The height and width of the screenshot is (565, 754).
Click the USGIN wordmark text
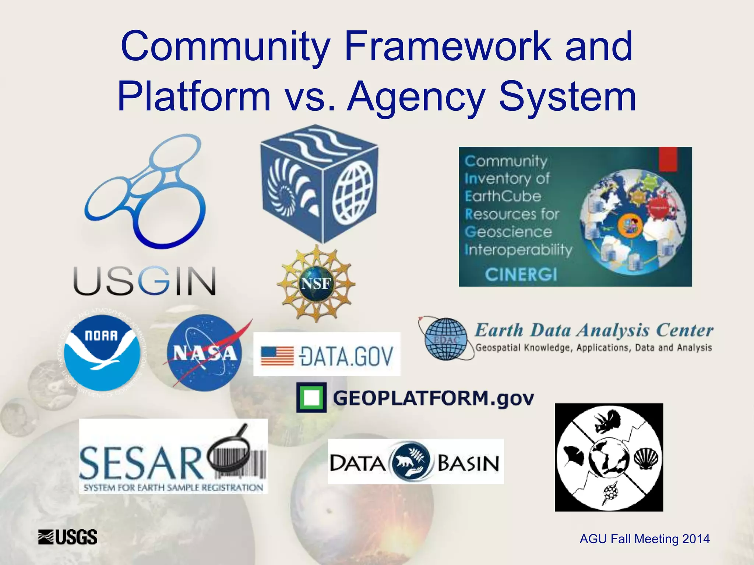[x=145, y=281]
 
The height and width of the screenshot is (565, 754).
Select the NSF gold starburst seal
[x=316, y=284]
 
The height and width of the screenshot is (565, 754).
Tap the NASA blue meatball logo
[x=205, y=353]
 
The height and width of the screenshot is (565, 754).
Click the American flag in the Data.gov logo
[x=277, y=356]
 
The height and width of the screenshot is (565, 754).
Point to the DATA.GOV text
[x=347, y=356]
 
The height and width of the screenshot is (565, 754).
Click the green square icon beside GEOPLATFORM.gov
[x=311, y=398]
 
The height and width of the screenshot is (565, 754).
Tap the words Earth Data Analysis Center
[x=593, y=330]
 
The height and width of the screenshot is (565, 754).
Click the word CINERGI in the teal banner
[x=521, y=274]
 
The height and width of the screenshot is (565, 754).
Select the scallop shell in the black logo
[x=646, y=458]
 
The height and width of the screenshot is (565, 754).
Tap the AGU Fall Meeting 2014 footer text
[x=644, y=539]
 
